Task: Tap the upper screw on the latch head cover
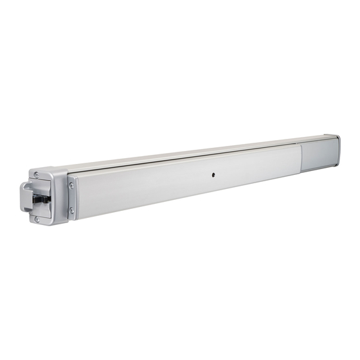coord(37,175)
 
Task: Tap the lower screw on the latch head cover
coord(37,219)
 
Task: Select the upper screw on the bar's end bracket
coord(71,185)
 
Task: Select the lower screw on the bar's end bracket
coord(72,210)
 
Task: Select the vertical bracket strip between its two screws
coord(71,197)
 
